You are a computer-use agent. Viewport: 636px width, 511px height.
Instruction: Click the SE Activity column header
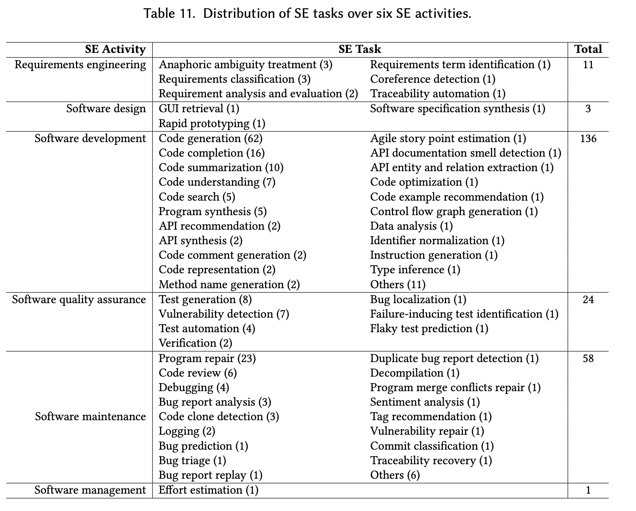115,49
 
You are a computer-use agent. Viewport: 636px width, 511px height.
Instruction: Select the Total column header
588,49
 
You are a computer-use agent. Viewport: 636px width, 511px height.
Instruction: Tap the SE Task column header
360,49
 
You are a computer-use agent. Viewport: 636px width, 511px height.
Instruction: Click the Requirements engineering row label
80,65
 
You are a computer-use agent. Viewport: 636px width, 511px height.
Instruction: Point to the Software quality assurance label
79,299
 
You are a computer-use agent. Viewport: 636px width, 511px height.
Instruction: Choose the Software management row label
90,490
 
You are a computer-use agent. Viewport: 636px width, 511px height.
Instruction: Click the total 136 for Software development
588,138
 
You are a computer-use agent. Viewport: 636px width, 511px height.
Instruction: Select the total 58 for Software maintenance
588,358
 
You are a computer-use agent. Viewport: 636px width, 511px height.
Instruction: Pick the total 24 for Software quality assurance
588,299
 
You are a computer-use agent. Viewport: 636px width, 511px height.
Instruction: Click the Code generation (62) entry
211,138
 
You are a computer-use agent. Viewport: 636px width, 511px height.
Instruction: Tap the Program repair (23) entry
207,358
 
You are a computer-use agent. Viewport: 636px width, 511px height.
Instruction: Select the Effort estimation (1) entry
208,490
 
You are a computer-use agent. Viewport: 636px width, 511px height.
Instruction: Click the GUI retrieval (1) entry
199,109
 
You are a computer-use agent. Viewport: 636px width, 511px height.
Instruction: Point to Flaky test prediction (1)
429,329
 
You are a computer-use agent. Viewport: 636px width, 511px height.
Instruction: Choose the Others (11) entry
398,285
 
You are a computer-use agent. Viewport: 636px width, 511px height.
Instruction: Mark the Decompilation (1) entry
415,373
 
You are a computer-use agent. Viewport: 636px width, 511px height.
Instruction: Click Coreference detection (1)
432,79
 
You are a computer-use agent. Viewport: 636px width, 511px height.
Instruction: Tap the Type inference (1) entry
415,270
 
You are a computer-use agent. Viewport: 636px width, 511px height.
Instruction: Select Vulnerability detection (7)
224,314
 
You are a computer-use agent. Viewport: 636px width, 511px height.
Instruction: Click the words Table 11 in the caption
170,14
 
